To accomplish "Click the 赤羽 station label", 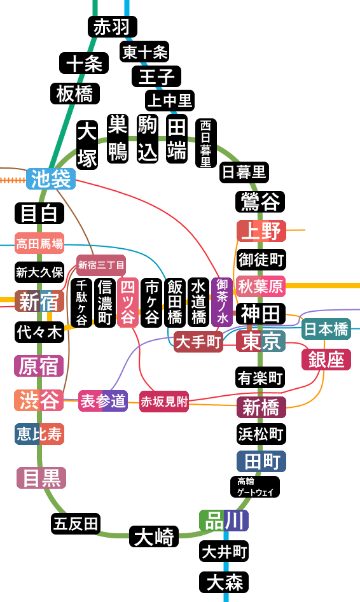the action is tap(113, 27).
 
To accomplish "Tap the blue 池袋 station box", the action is tap(51, 179).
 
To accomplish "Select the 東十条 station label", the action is tap(144, 52).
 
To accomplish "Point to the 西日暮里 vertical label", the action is tap(206, 143).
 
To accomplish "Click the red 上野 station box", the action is tap(261, 231).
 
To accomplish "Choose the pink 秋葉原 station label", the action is tap(261, 286).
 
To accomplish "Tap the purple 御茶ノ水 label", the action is tap(222, 302).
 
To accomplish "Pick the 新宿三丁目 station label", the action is tap(101, 265).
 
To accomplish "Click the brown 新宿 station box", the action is tap(39, 301).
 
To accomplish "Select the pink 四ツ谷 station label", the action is tap(128, 303).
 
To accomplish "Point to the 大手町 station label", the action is tap(198, 341).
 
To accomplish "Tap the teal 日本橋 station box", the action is tap(326, 329).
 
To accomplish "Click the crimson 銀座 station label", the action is tap(326, 360).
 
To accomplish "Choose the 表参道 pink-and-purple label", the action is tap(103, 401).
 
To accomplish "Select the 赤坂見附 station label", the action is tap(164, 402).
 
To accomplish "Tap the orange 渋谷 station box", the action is tap(39, 400).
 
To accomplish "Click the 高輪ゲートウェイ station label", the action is tap(255, 487).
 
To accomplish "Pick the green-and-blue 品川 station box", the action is tap(224, 521).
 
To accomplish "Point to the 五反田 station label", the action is tap(76, 524).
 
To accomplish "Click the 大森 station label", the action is tap(224, 582).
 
